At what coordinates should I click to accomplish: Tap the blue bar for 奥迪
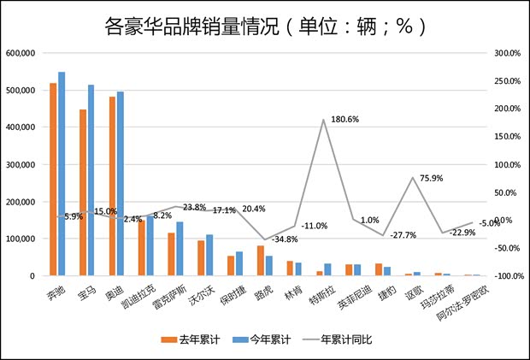pos(121,184)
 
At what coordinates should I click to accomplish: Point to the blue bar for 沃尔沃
pos(209,256)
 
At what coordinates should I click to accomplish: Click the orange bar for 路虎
pos(261,261)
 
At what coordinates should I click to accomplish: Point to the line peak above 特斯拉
pos(324,120)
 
